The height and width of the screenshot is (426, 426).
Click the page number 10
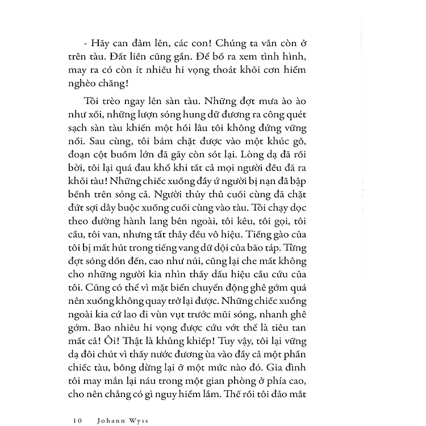[x=78, y=406]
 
